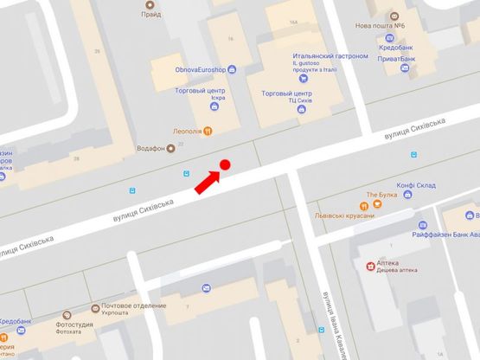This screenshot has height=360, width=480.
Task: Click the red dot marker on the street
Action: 225,164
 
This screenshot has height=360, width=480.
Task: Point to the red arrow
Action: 205,182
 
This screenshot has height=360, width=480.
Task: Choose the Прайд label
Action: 153,14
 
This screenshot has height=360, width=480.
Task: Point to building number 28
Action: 76,159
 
